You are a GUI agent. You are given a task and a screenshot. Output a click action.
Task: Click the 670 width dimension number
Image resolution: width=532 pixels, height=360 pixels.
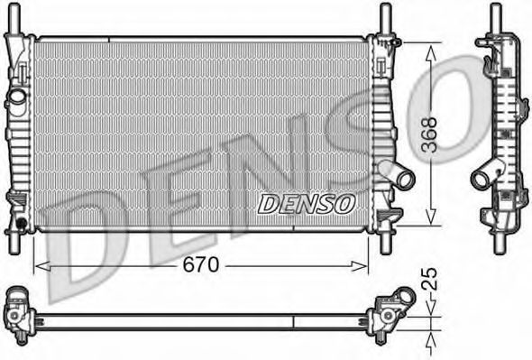(200, 265)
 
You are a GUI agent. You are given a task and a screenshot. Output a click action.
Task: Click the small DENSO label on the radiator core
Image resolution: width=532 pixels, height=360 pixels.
(307, 204)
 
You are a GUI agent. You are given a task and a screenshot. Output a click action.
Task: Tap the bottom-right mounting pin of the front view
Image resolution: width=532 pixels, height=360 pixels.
(385, 243)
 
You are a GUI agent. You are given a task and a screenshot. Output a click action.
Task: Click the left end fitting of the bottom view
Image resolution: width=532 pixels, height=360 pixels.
(17, 311)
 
